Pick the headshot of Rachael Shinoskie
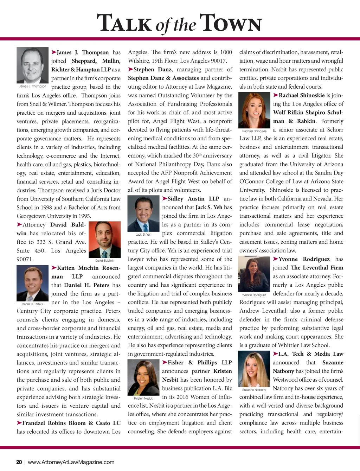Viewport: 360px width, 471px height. click(x=254, y=110)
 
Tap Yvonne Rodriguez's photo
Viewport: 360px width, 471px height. click(x=254, y=274)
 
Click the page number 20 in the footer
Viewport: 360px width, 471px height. click(x=19, y=462)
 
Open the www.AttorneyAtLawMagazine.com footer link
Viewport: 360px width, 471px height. click(x=71, y=462)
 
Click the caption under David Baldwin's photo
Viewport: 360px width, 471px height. click(x=104, y=261)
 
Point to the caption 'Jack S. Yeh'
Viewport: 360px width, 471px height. click(x=143, y=234)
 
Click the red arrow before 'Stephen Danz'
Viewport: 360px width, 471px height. click(x=130, y=69)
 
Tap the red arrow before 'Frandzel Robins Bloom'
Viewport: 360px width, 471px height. click(x=19, y=423)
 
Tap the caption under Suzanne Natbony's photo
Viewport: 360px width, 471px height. click(x=254, y=390)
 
